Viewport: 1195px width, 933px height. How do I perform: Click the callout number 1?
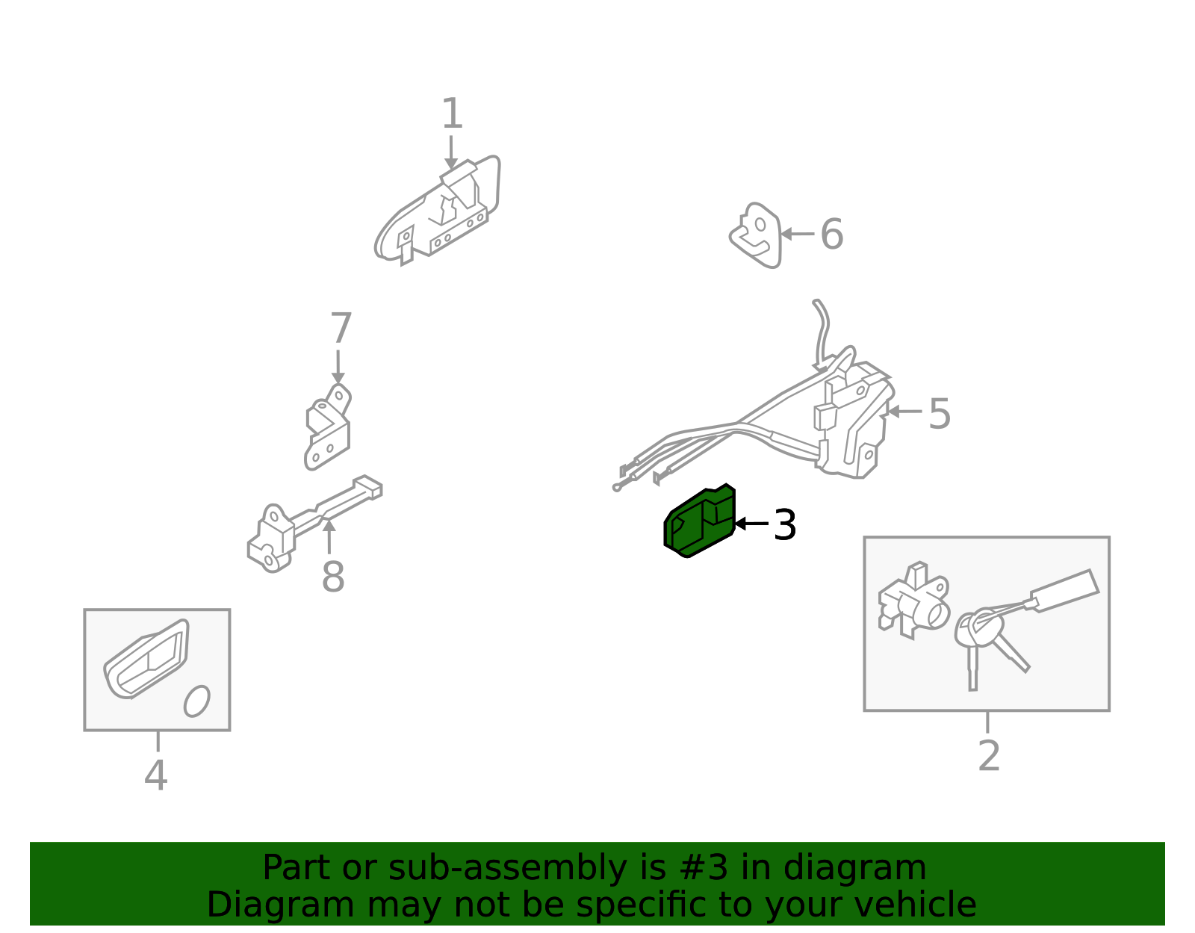tap(452, 114)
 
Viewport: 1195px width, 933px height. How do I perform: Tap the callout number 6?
tap(831, 234)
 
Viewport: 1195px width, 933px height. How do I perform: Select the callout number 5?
tap(940, 414)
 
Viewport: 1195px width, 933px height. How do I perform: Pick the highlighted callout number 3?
tap(785, 524)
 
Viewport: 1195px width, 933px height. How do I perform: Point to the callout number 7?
tap(341, 328)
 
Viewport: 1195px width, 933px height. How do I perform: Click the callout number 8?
tap(333, 577)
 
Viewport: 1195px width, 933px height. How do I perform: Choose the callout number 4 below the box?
tap(155, 775)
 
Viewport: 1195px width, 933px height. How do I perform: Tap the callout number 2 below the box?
tap(989, 756)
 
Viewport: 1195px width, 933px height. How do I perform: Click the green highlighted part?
tap(700, 521)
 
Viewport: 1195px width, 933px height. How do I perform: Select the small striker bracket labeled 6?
tap(756, 235)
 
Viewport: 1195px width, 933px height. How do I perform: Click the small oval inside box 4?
tap(197, 701)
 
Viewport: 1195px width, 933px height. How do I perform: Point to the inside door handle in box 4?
tap(147, 659)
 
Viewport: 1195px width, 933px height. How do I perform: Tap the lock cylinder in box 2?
tap(914, 601)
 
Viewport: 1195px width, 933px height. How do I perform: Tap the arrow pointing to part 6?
tap(798, 235)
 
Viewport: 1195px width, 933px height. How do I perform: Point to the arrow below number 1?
tap(451, 152)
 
